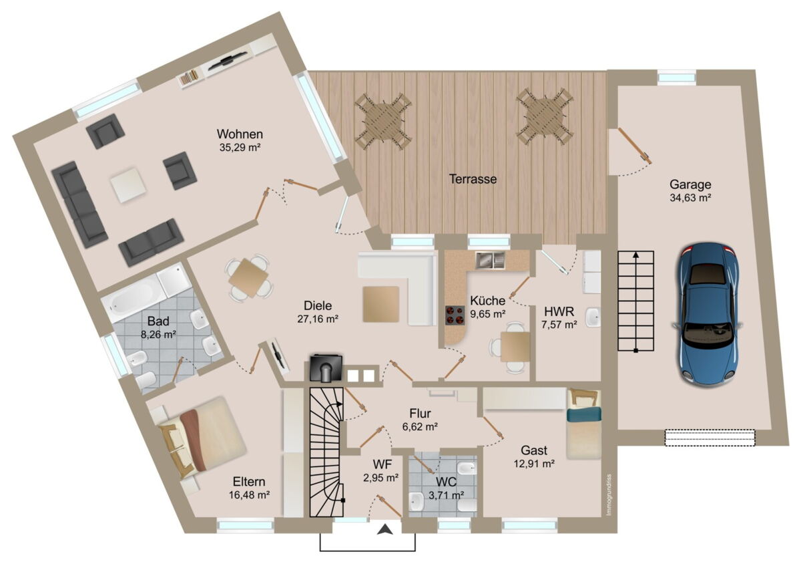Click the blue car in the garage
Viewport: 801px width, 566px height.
[707, 314]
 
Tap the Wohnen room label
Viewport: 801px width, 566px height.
[240, 134]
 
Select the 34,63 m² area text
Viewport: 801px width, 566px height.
[690, 198]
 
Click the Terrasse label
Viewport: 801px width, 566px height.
[473, 178]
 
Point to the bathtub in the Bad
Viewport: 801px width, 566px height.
[134, 300]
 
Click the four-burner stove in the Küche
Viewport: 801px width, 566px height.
[455, 315]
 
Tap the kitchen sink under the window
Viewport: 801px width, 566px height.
[490, 260]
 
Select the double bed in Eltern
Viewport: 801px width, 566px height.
[202, 438]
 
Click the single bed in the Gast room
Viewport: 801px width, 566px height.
[583, 424]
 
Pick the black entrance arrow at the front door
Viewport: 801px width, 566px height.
[384, 529]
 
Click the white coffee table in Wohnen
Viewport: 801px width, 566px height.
[128, 185]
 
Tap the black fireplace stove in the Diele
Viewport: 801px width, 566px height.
[326, 368]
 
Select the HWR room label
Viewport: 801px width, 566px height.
[559, 311]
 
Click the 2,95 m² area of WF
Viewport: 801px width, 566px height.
[381, 478]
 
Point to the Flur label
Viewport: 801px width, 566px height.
[420, 413]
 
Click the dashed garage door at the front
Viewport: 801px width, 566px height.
[710, 438]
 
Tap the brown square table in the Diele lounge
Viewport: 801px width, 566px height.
[381, 304]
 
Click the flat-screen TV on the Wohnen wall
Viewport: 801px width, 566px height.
[227, 61]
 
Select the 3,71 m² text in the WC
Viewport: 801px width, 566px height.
[447, 495]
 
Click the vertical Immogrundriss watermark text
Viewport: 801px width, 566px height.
[609, 495]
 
